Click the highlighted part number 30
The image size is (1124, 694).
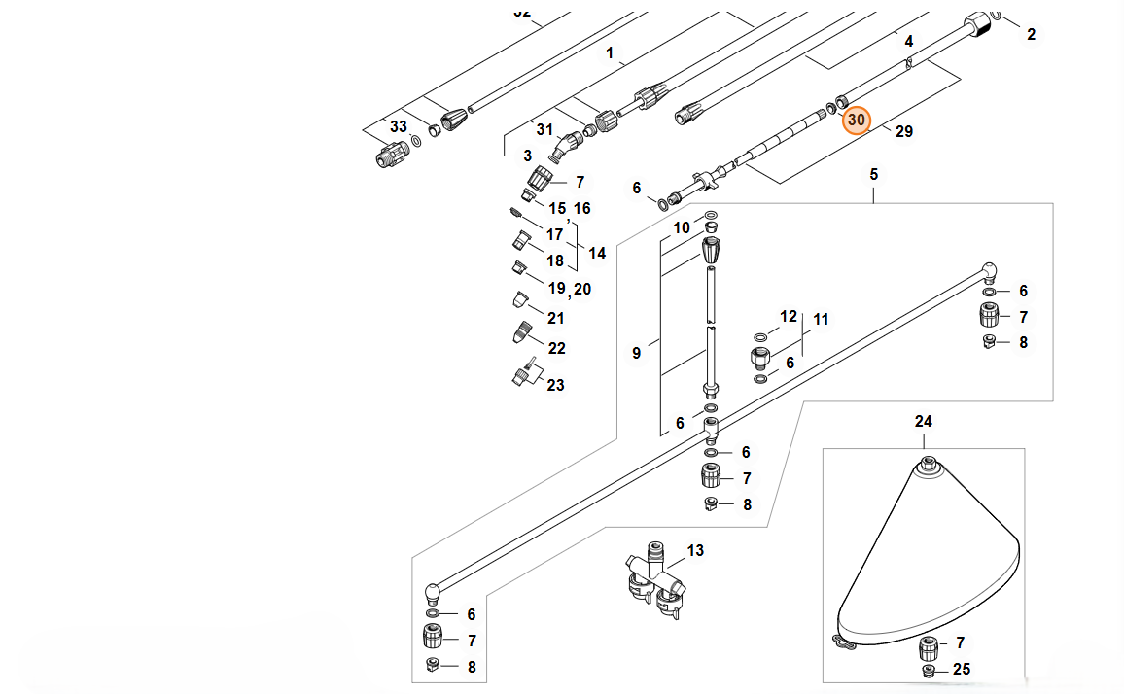tap(856, 120)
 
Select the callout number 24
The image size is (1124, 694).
tap(923, 421)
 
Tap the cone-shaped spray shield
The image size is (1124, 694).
tap(924, 564)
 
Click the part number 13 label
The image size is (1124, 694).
tap(695, 551)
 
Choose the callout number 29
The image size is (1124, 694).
tap(903, 131)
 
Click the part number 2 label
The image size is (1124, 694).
tap(1032, 35)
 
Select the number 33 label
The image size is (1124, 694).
tap(399, 127)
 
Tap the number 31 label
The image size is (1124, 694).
tap(544, 130)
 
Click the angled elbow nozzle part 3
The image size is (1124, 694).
tap(561, 148)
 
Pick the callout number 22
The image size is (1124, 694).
tap(557, 348)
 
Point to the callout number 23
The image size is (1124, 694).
tap(555, 385)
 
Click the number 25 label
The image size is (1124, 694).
tap(962, 669)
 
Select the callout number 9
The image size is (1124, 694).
tap(637, 353)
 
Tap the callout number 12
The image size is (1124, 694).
tap(789, 316)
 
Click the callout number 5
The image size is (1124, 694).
tap(873, 174)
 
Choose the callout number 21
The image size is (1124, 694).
tap(556, 318)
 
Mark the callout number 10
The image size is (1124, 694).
tap(683, 227)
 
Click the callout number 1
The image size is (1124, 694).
tap(611, 53)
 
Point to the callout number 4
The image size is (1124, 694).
tap(909, 42)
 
